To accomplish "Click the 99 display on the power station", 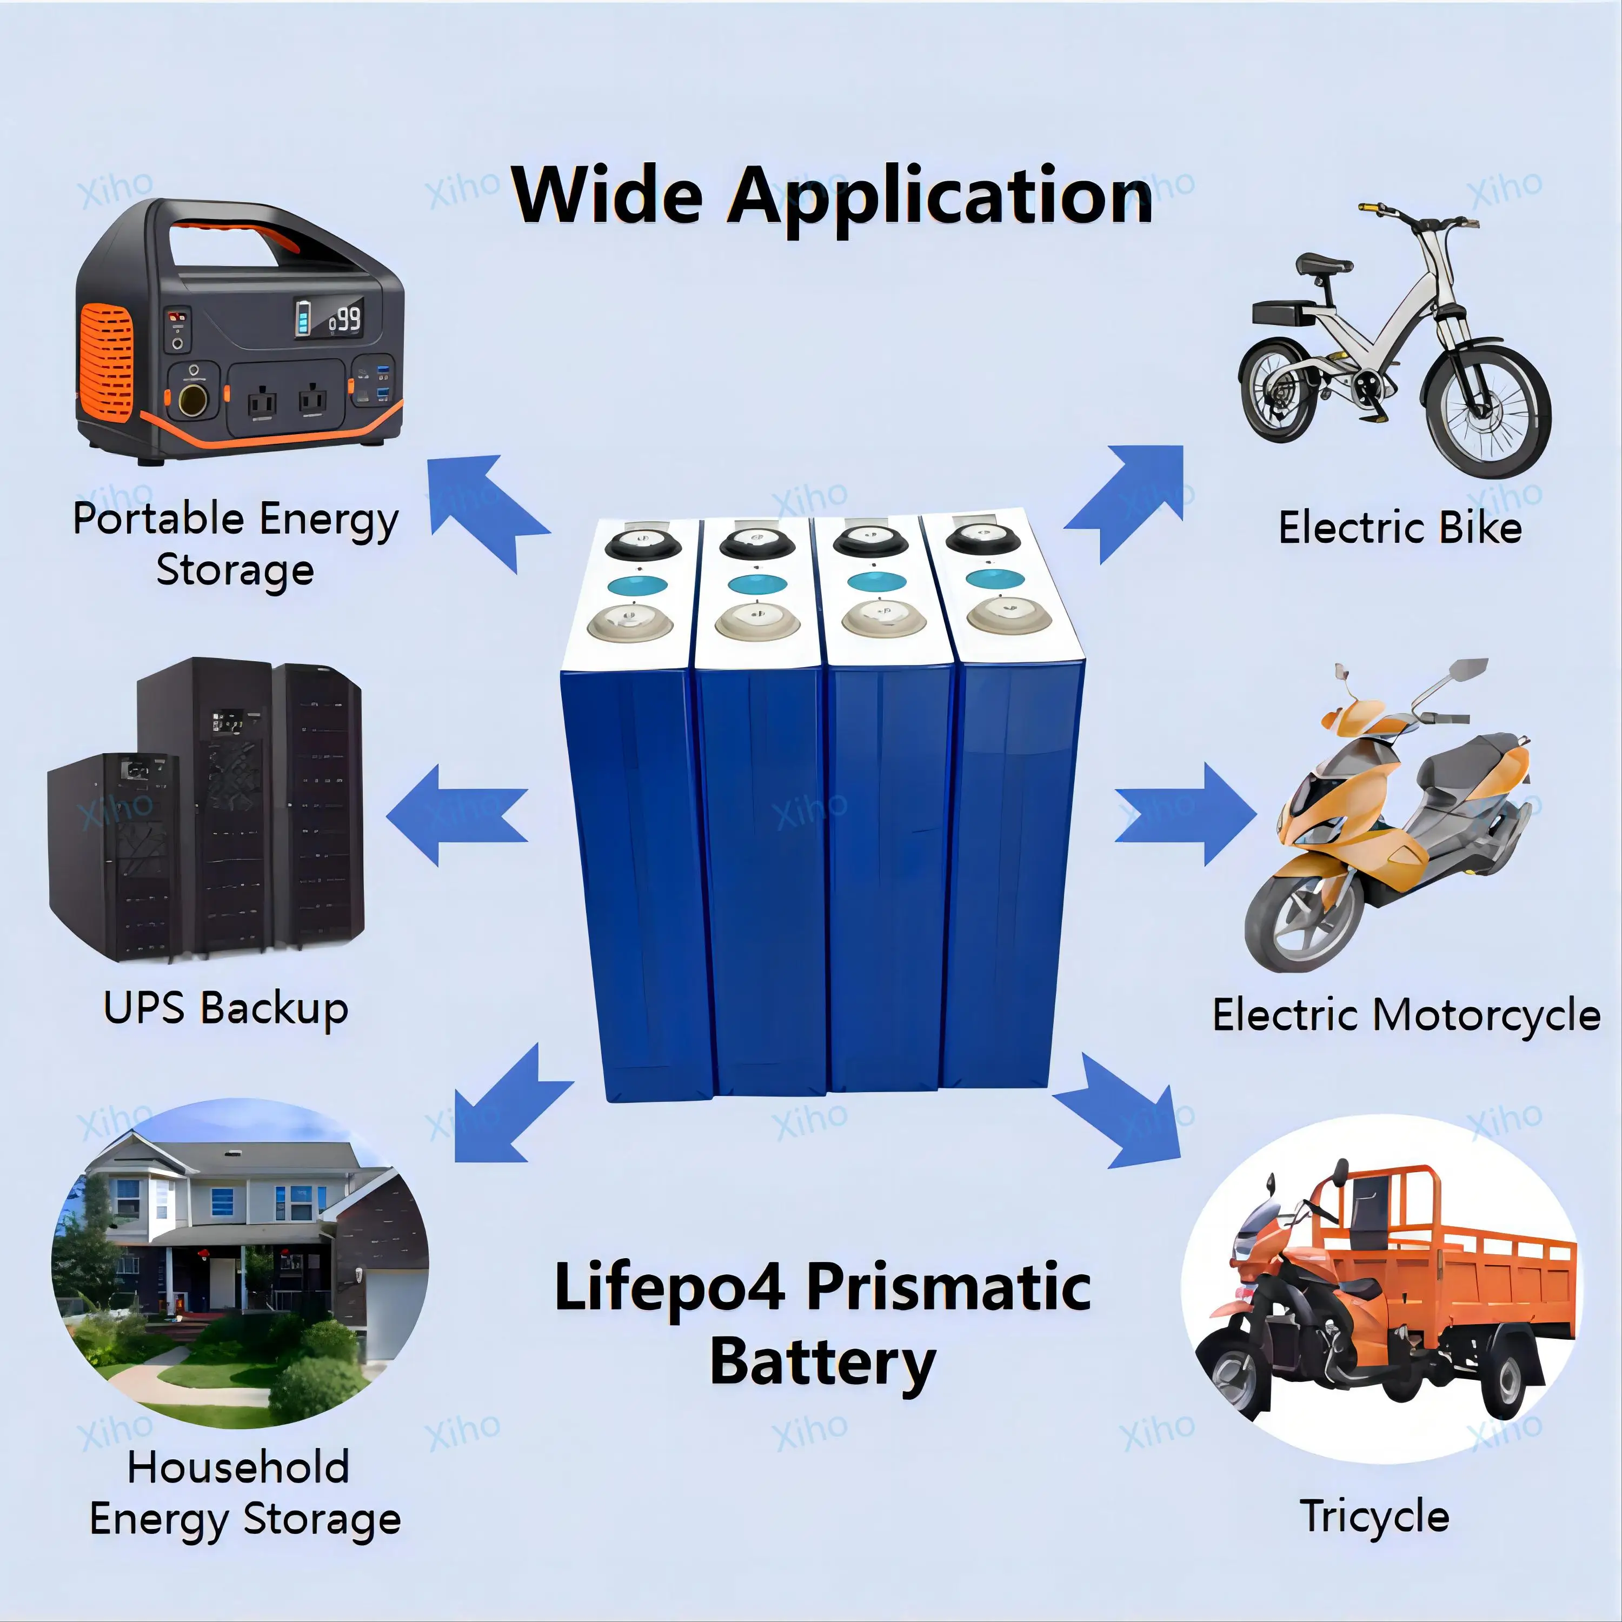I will tap(345, 319).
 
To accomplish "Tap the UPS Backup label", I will tap(225, 1007).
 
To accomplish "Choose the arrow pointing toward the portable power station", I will tap(487, 508).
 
